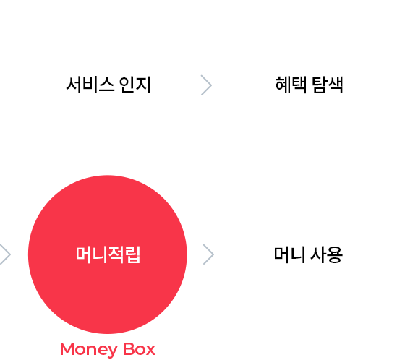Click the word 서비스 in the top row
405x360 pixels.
point(90,85)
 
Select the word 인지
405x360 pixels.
point(135,85)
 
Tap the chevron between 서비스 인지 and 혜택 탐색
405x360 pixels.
point(206,85)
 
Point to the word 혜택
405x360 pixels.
point(291,85)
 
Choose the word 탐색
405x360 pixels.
point(328,85)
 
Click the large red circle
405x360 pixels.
point(108,254)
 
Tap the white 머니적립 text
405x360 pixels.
point(108,254)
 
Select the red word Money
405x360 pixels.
point(89,350)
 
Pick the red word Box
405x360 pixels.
point(139,349)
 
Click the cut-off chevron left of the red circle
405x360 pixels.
point(5,254)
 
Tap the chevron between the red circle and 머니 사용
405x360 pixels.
point(209,254)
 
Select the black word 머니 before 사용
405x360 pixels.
point(289,254)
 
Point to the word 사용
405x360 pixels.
point(326,254)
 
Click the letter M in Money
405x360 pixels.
point(67,349)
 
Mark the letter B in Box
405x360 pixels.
point(129,349)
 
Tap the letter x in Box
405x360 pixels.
point(150,351)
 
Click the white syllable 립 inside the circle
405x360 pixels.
point(133,254)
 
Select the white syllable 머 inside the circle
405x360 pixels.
point(83,254)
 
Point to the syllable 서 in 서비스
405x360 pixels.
point(74,85)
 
